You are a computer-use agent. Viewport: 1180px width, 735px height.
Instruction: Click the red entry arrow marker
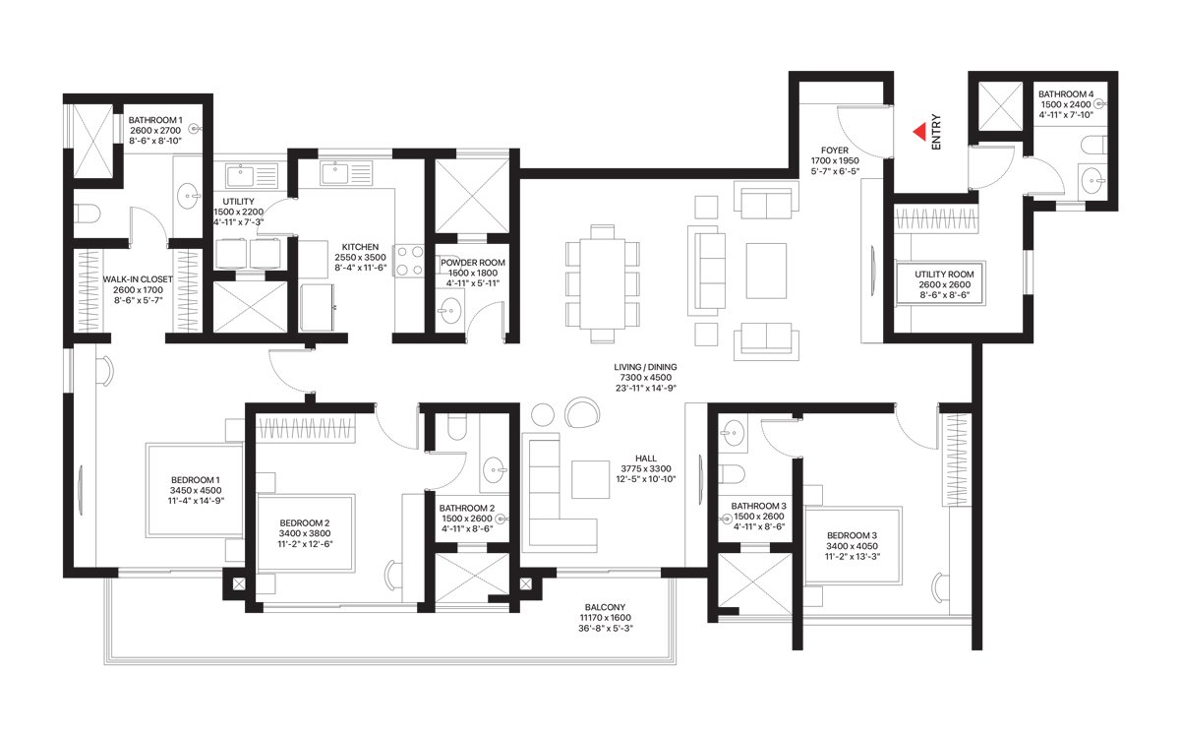(x=919, y=132)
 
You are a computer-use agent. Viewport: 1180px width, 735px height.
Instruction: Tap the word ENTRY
(x=936, y=132)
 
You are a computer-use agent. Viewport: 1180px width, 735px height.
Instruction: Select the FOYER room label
(x=835, y=151)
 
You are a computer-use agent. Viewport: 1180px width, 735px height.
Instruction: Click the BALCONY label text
(x=605, y=607)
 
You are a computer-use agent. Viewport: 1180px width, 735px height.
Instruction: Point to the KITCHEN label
(x=360, y=247)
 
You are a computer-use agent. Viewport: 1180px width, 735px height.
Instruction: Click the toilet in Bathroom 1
(x=87, y=214)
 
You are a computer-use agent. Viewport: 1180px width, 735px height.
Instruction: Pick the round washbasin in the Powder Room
(x=448, y=311)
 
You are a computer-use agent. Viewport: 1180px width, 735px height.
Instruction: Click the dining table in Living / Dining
(x=603, y=283)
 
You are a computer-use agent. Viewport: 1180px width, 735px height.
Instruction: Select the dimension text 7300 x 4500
(x=645, y=378)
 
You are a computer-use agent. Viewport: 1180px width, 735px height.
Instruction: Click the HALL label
(x=646, y=459)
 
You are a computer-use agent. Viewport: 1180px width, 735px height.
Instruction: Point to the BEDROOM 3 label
(x=852, y=535)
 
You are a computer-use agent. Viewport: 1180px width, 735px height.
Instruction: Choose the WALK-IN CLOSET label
(x=138, y=279)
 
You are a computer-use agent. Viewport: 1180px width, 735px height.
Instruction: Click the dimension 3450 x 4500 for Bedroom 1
(x=196, y=490)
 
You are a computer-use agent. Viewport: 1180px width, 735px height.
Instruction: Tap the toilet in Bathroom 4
(x=1093, y=145)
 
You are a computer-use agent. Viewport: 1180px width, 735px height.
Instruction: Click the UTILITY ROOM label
(x=944, y=275)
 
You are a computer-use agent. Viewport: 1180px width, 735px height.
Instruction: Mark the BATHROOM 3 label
(x=758, y=506)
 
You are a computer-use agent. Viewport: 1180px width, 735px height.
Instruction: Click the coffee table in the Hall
(x=591, y=479)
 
